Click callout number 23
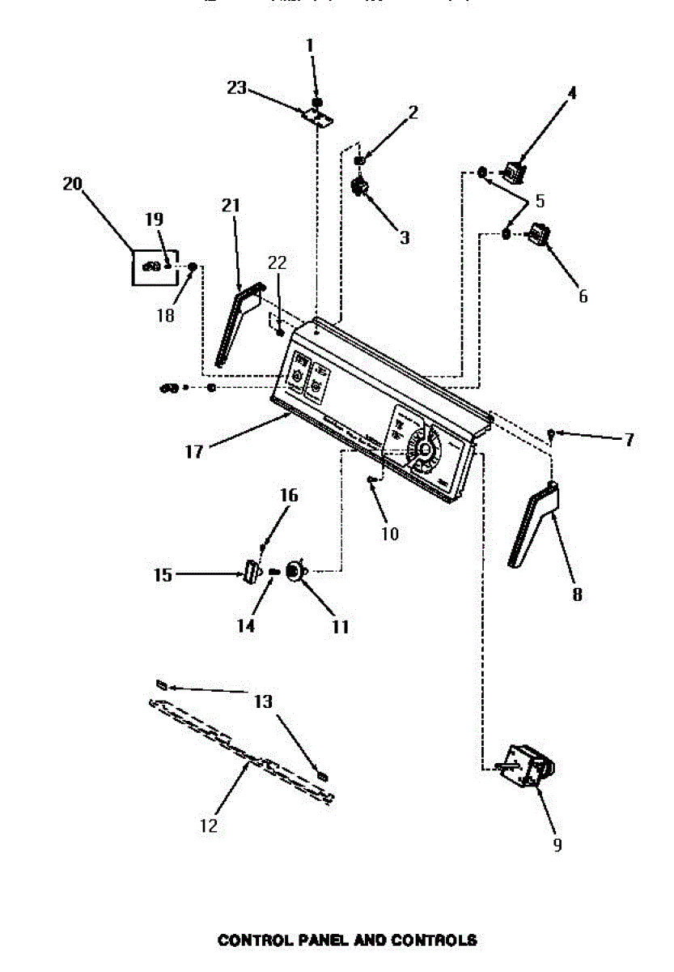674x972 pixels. pyautogui.click(x=236, y=87)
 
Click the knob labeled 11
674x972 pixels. pyautogui.click(x=297, y=572)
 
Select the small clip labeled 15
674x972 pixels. pyautogui.click(x=250, y=572)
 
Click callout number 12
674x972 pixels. pyautogui.click(x=208, y=825)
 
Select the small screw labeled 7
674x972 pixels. pyautogui.click(x=551, y=434)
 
